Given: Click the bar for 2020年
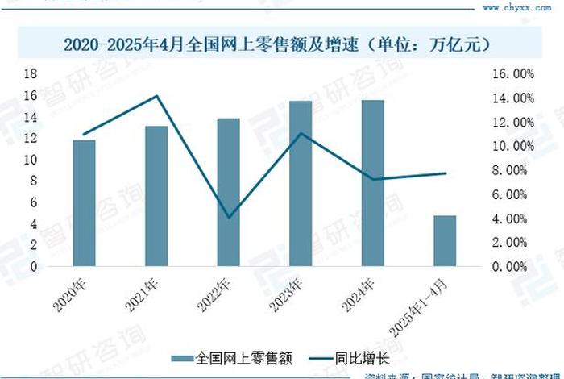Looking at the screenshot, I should coord(84,203).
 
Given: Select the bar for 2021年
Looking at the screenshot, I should coord(156,196).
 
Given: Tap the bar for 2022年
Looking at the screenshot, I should coord(228,192).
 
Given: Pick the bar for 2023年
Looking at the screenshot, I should coord(301,184).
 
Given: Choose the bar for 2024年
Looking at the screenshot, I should coord(372,183).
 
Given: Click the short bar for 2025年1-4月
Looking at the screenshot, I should coord(445,240).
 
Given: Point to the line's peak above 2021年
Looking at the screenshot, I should coord(156,96).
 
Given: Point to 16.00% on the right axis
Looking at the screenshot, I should coord(512,73).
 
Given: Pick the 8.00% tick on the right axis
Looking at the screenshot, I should coord(512,170).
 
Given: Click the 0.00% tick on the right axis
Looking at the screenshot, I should coord(512,266).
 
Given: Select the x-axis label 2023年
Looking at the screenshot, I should coord(290,294).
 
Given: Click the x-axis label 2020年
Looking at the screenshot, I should coord(73,294).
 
